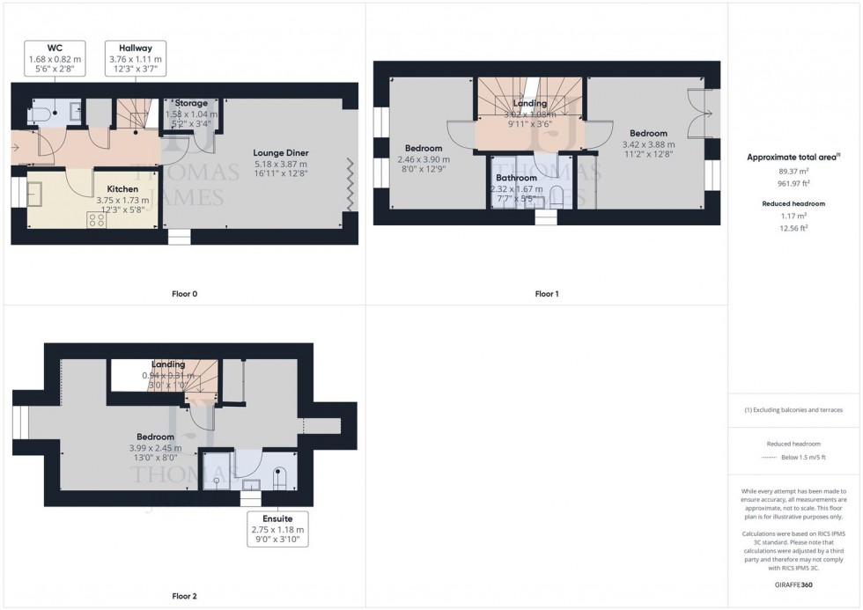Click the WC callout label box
coord(53,58)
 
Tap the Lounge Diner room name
coord(280,152)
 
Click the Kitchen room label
coord(122,188)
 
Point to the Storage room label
coord(190,104)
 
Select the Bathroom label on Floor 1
coord(515,178)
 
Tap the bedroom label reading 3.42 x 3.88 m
coord(648,133)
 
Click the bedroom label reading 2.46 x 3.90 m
coord(423,147)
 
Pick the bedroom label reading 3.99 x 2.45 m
coord(154,437)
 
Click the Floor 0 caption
coord(183,293)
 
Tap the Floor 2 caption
coord(183,596)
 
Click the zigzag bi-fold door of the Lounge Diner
coord(350,184)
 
